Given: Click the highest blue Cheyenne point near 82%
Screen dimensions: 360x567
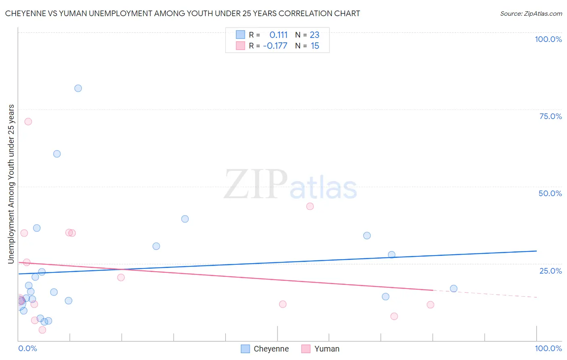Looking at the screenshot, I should (x=78, y=88).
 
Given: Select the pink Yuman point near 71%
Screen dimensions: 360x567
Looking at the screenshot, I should (x=28, y=121).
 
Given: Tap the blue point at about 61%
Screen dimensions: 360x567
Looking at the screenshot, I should (x=57, y=154).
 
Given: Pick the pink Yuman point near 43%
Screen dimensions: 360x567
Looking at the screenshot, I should (x=310, y=206).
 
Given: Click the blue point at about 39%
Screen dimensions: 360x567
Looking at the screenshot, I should (x=185, y=219).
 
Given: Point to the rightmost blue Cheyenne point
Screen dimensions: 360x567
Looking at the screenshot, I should (x=454, y=289).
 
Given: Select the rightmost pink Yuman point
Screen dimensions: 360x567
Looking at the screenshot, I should (x=430, y=305).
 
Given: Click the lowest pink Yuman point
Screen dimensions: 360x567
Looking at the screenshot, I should (x=42, y=330).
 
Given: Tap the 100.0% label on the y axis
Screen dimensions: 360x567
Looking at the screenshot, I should (x=548, y=39).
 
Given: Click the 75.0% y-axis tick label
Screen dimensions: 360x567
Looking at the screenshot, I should (x=550, y=116).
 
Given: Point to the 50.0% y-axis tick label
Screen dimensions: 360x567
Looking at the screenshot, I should (x=550, y=193).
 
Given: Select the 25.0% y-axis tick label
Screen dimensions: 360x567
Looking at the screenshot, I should (x=550, y=271).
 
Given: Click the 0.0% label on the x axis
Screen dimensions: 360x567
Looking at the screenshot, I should (x=27, y=348).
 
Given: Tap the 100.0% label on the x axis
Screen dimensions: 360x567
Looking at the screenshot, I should (x=548, y=348).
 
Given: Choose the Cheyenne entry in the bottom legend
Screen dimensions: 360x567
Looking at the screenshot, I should (x=271, y=349).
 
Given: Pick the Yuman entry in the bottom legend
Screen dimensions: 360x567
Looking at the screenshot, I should (x=327, y=349).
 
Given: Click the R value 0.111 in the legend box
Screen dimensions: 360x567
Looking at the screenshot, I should (x=278, y=35).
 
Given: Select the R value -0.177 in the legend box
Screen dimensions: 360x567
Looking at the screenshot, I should (x=275, y=46).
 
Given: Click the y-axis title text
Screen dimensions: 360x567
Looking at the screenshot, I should (x=11, y=184).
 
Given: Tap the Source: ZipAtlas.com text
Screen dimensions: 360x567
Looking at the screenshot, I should (x=531, y=14).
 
